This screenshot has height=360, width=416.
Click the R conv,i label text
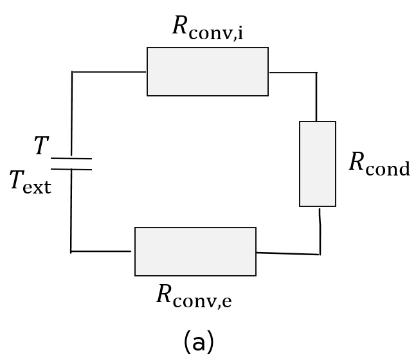point(207,28)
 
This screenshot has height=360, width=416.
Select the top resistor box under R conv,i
point(207,71)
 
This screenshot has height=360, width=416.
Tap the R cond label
point(379,164)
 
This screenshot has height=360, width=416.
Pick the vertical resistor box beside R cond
point(317,164)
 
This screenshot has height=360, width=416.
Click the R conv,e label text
point(194,296)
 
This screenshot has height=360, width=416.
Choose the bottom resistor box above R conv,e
point(195,251)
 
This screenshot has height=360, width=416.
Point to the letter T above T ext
point(41,147)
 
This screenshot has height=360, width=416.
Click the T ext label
point(30,182)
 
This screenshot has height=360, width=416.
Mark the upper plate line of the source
point(71,158)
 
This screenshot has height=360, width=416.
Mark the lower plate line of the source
point(71,170)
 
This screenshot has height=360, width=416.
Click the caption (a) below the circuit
point(199,342)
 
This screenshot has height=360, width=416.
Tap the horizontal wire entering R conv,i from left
point(109,72)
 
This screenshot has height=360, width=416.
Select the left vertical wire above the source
point(71,113)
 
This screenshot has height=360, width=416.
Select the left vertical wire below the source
point(71,211)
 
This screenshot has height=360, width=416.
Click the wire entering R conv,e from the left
point(101,251)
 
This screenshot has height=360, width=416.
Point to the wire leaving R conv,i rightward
point(293,73)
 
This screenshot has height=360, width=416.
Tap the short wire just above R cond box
point(316,97)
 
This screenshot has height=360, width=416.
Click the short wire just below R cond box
point(320,230)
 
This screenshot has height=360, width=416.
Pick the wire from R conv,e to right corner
point(287,254)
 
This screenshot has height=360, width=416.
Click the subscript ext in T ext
point(38,186)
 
